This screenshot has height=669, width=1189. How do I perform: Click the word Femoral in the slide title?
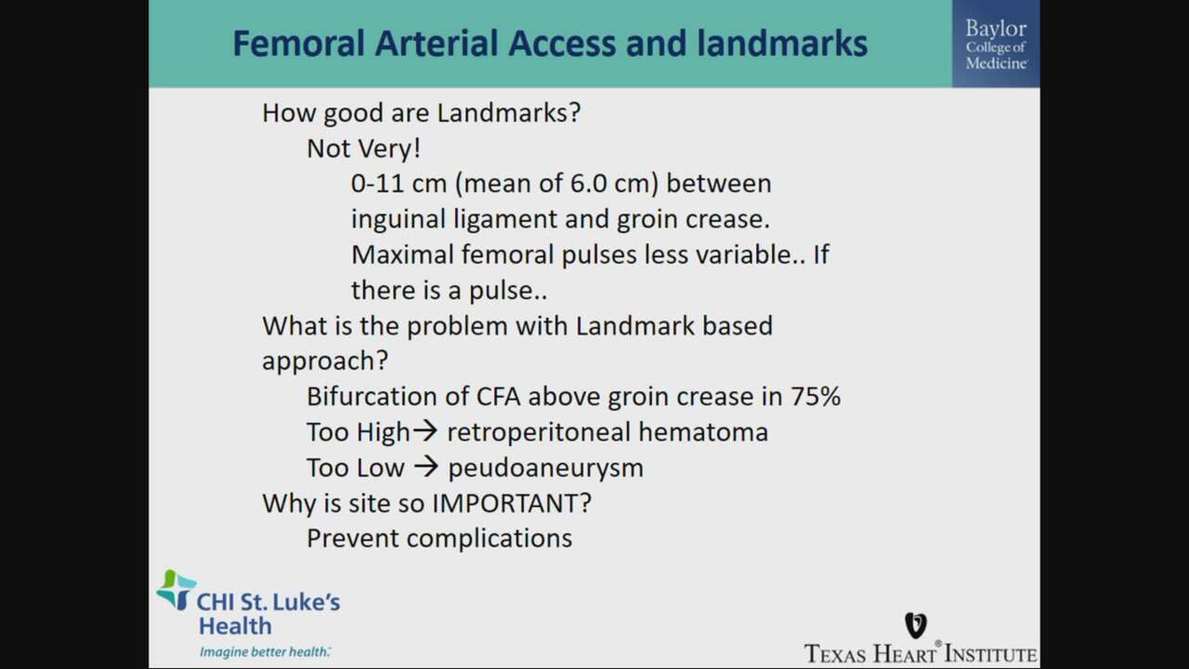pyautogui.click(x=299, y=44)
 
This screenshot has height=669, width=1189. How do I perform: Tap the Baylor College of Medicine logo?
pyautogui.click(x=996, y=44)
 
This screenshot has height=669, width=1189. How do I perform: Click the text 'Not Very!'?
pyautogui.click(x=363, y=148)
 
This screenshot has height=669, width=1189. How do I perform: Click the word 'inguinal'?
pyautogui.click(x=399, y=219)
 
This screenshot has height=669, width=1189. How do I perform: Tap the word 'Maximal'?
pyautogui.click(x=402, y=255)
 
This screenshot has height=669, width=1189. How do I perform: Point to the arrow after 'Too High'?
pyautogui.click(x=425, y=431)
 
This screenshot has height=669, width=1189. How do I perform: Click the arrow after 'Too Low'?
pyautogui.click(x=426, y=466)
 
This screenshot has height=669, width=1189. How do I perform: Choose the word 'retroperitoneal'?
pyautogui.click(x=539, y=432)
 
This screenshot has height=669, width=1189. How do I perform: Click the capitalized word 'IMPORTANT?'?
pyautogui.click(x=512, y=503)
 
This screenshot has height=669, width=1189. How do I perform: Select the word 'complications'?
pyautogui.click(x=490, y=539)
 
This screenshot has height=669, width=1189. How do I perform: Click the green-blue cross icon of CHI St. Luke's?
pyautogui.click(x=176, y=589)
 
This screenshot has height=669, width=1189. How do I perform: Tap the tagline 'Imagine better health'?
pyautogui.click(x=265, y=651)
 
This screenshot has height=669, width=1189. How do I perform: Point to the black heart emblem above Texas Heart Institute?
pyautogui.click(x=916, y=625)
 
